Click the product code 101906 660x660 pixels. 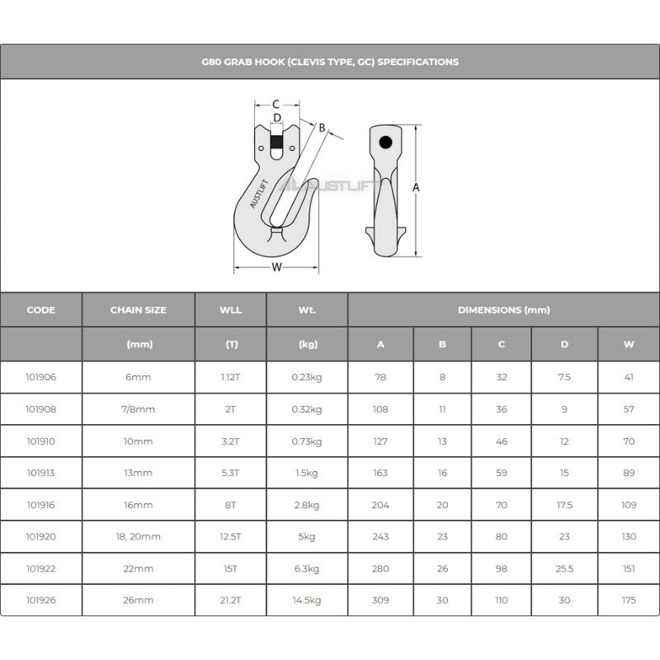(41, 377)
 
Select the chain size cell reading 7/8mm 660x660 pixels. (139, 409)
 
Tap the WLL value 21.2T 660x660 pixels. (231, 600)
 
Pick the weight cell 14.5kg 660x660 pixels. (307, 600)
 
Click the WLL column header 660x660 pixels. (231, 310)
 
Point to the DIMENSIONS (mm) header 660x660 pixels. (503, 310)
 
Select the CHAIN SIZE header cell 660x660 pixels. (139, 310)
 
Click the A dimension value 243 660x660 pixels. (380, 536)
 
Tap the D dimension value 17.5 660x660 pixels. (564, 505)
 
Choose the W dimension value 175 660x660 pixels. (629, 600)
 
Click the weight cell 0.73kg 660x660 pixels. (307, 441)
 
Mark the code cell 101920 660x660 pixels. (41, 536)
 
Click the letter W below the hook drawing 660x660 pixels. (276, 266)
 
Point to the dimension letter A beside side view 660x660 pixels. (416, 188)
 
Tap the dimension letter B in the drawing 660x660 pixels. (322, 128)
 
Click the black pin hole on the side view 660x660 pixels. (385, 143)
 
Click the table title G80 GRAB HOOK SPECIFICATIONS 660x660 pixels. (330, 62)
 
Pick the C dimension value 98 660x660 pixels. (502, 568)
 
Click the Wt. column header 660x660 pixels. (307, 310)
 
